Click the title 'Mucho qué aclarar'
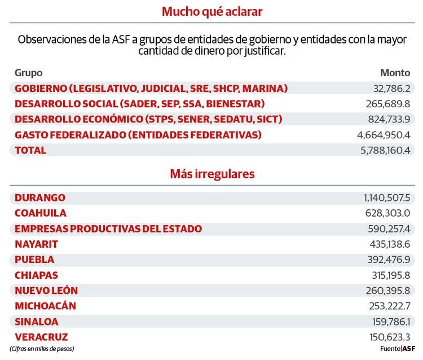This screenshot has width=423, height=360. pyautogui.click(x=211, y=11)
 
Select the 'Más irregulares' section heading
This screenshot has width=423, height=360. pyautogui.click(x=211, y=174)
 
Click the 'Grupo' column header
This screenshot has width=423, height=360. pyautogui.click(x=28, y=73)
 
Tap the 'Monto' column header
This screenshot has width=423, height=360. pyautogui.click(x=395, y=73)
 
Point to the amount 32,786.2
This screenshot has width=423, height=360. pyautogui.click(x=391, y=89)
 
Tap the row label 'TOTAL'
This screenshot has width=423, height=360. pyautogui.click(x=30, y=151)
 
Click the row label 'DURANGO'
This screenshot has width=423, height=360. pyautogui.click(x=40, y=198)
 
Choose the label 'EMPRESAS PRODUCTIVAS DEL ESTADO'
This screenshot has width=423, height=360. pyautogui.click(x=108, y=229)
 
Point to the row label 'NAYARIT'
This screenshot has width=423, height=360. pyautogui.click(x=37, y=244)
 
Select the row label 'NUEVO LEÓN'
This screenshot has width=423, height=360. pyautogui.click(x=46, y=291)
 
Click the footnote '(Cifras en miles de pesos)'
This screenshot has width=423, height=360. pyautogui.click(x=42, y=349)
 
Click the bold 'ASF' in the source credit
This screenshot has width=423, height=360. pyautogui.click(x=408, y=349)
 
